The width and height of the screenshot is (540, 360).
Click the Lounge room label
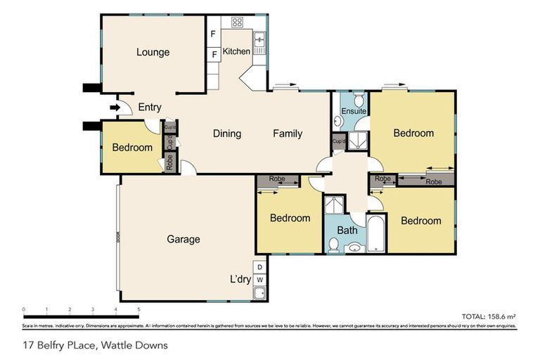pos(153,52)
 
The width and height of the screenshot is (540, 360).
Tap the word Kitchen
pos(236,51)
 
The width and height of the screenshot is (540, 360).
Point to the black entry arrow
pos(115,108)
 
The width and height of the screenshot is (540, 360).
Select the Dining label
pos(226,134)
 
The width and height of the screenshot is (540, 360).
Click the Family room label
pos(288,134)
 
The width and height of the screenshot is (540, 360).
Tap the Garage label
pos(183,239)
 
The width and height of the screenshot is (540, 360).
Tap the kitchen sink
pos(259,44)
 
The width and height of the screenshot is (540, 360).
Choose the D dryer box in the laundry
pos(260,267)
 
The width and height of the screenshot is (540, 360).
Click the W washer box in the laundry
pos(260,279)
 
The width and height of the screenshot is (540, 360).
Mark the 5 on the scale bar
pos(139,309)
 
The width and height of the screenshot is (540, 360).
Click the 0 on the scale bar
pos(24,309)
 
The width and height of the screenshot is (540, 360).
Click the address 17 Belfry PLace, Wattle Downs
pos(96,345)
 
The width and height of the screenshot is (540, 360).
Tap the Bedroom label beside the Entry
pos(132,148)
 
